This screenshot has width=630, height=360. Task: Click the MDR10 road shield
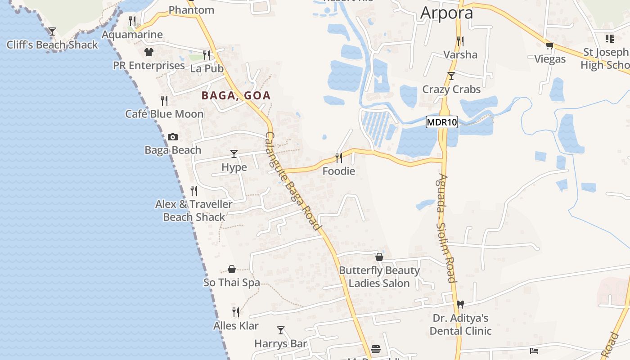(x=442, y=122)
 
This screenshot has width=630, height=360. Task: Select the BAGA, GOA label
(x=236, y=95)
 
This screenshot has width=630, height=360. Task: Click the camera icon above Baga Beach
(x=173, y=137)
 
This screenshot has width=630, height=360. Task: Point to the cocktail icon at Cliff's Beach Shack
(x=52, y=31)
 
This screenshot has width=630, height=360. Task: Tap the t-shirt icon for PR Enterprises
(x=149, y=52)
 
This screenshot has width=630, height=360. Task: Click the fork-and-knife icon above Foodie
(x=339, y=157)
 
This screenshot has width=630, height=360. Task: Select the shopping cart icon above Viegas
(x=549, y=45)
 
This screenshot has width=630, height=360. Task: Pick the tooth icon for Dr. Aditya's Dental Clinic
(x=460, y=305)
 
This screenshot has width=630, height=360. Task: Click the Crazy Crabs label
(x=451, y=90)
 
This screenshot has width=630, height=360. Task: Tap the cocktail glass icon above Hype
(x=234, y=154)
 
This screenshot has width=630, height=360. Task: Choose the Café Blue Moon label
(x=164, y=114)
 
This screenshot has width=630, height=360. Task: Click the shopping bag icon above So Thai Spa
(x=232, y=269)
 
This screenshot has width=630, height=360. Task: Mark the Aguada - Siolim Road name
(x=445, y=228)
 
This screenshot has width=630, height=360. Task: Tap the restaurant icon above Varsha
(x=460, y=41)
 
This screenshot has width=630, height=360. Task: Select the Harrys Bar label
(x=281, y=344)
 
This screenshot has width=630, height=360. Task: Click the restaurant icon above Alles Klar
(x=236, y=312)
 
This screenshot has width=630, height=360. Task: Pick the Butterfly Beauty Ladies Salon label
(x=379, y=277)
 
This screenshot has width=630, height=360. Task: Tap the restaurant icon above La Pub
(x=207, y=55)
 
